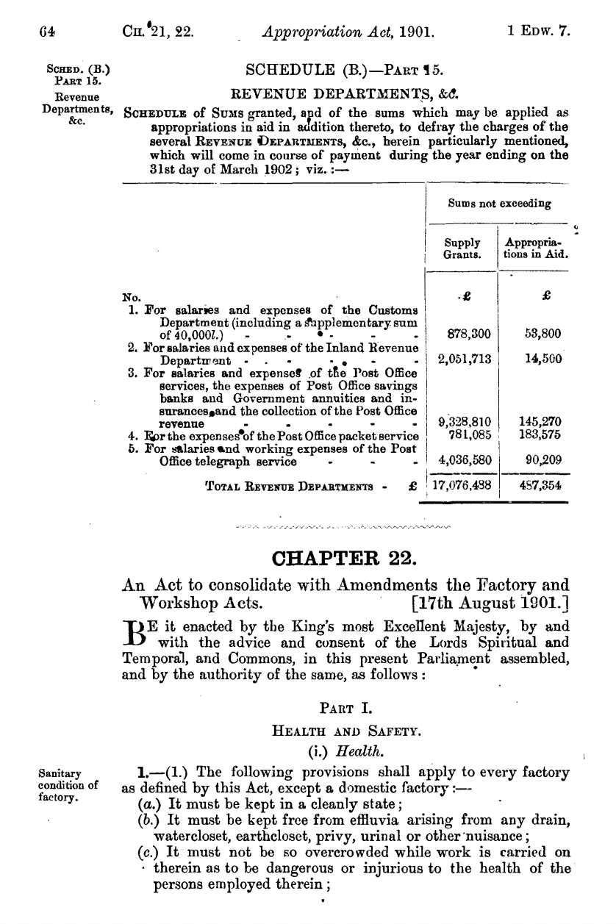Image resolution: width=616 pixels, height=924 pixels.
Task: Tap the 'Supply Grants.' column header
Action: point(462,248)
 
